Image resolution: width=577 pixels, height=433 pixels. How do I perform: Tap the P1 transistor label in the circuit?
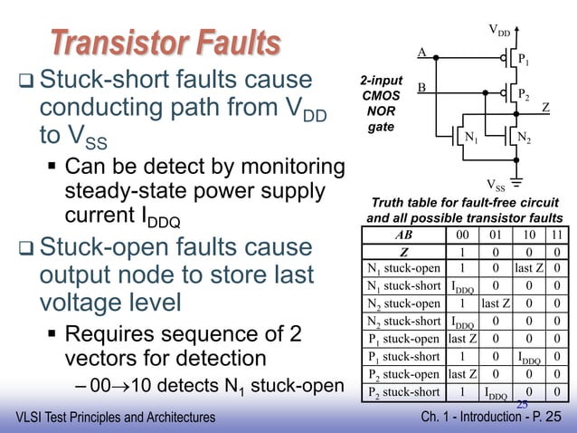tap(524, 61)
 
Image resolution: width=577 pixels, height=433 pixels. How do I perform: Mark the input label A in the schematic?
tap(421, 53)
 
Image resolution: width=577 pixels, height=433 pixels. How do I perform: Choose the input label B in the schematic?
tap(421, 87)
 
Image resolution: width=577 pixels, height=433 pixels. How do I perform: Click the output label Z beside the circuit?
tap(545, 108)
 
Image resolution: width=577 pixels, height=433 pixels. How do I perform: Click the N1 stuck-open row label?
tap(404, 268)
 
